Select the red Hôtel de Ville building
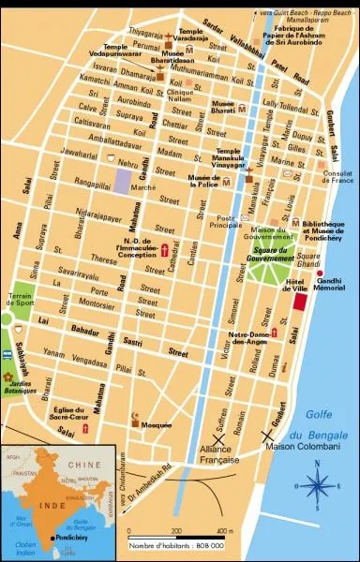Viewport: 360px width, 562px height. coord(299,303)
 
